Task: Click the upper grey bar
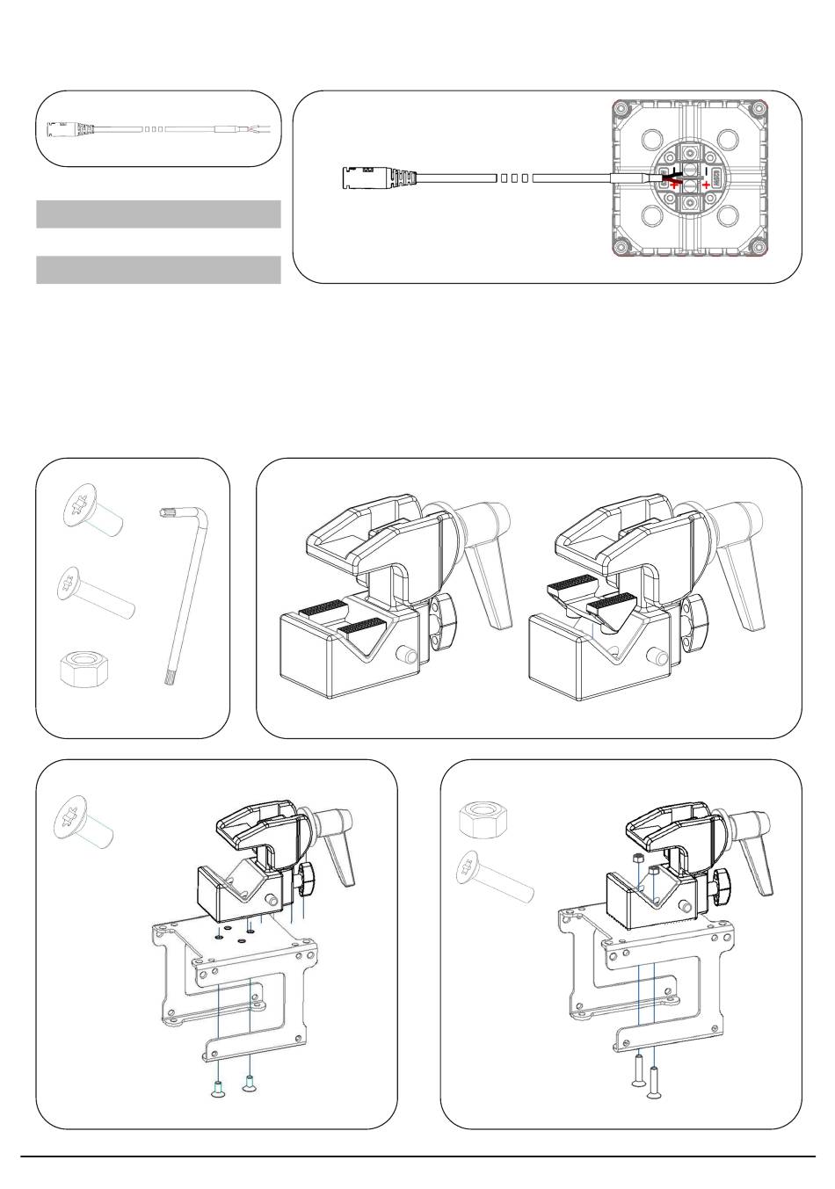coord(158,214)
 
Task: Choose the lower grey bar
coord(158,270)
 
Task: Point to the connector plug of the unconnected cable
coord(66,130)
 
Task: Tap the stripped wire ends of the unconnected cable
coord(263,130)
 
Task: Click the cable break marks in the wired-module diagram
coord(512,178)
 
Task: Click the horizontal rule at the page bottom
coord(417,1156)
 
